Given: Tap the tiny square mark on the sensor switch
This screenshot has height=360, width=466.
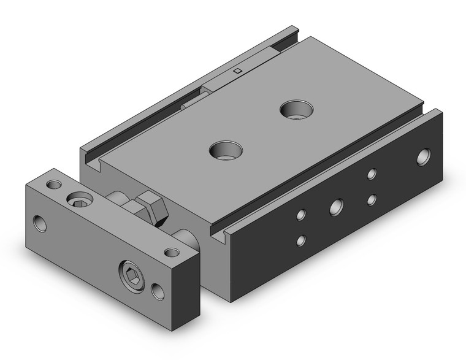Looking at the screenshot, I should pos(237,72).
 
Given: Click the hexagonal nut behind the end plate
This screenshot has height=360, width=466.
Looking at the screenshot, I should pos(153,209).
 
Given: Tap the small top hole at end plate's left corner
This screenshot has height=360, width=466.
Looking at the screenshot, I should pos(55,184).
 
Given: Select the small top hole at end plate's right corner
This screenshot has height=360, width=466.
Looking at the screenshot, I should pos(172,252).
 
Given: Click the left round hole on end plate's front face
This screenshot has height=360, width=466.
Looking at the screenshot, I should pos(40,223).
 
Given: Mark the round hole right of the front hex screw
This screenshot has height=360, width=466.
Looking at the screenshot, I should pos(158,291).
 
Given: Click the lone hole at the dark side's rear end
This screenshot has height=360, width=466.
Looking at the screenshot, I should pos(423,157).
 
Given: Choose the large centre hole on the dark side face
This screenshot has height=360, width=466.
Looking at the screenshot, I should pos(336,207).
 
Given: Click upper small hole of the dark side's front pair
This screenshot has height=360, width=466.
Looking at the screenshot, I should pos(300,215).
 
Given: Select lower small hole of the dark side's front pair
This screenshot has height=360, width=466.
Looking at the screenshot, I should pos(300,240).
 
